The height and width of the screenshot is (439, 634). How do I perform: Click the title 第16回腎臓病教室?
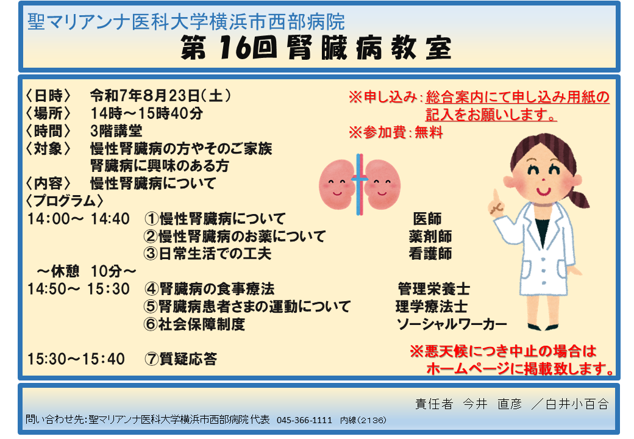(316, 48)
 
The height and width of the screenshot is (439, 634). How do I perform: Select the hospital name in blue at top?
(186, 22)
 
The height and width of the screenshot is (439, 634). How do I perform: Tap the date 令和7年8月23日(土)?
(160, 96)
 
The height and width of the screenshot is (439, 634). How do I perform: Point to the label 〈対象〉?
(48, 148)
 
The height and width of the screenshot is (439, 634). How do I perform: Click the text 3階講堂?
(116, 131)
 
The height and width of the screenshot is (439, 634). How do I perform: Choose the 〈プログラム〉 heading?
(64, 201)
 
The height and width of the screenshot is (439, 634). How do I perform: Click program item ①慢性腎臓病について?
(215, 219)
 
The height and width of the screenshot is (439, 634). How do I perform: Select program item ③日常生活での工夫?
(207, 254)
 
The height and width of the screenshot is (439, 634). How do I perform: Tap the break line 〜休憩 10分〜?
(86, 271)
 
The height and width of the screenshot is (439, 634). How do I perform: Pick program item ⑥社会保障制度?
(194, 324)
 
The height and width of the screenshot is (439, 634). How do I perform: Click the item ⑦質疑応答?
(180, 359)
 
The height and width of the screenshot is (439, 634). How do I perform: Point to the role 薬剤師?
(430, 237)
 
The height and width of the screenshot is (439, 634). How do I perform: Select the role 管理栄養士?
(434, 289)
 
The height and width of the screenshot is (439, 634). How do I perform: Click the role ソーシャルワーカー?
(452, 324)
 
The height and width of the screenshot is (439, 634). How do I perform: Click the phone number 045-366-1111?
(304, 421)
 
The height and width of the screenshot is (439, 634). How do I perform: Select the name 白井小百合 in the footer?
(577, 404)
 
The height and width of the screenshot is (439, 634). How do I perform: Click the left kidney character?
(337, 184)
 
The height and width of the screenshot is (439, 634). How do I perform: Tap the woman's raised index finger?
(495, 196)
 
